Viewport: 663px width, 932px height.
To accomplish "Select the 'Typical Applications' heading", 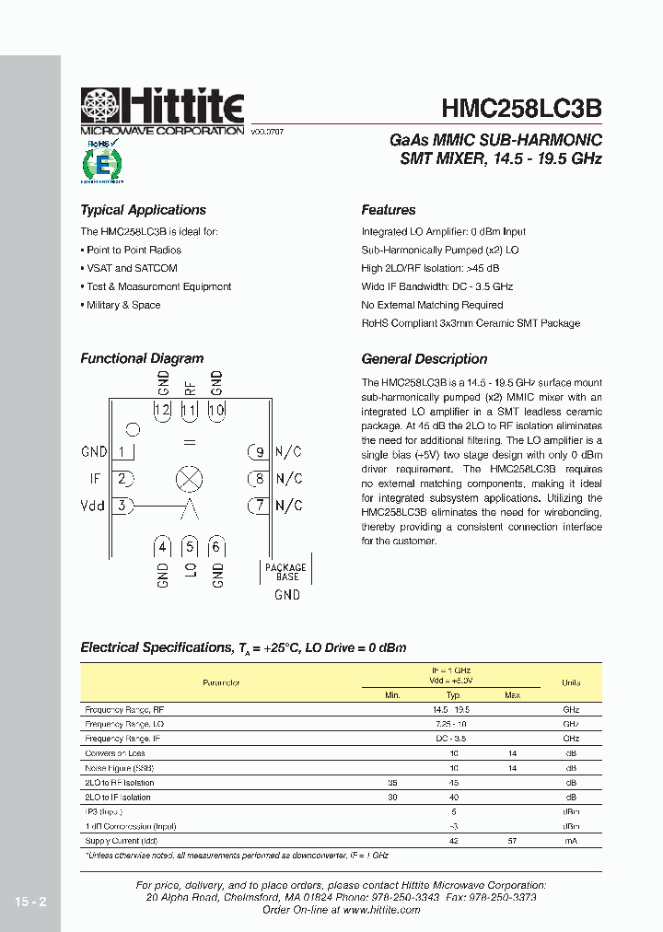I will [x=143, y=210].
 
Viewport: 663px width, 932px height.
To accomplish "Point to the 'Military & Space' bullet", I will [x=122, y=305].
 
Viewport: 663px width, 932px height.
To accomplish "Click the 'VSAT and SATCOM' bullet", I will [x=131, y=268].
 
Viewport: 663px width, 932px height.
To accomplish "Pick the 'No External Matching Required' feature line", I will [x=432, y=305].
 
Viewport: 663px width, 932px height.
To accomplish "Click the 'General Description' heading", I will [x=424, y=359].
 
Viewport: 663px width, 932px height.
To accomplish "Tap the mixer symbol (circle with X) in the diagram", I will [x=189, y=479].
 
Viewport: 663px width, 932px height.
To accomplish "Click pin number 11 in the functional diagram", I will [x=189, y=411].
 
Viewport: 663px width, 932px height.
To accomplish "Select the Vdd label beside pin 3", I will [x=93, y=505].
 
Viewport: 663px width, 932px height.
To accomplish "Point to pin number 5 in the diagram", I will [x=189, y=547].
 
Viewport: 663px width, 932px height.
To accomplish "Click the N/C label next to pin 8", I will [x=289, y=478].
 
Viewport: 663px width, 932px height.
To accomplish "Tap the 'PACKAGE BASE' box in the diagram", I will [x=286, y=572].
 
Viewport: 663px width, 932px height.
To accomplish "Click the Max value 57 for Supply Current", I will [x=512, y=841].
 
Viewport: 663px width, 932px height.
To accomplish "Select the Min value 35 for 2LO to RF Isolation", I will [x=392, y=782].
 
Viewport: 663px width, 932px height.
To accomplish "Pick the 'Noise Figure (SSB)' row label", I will [x=119, y=767].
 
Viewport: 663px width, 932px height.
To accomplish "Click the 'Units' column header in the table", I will [x=571, y=682].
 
